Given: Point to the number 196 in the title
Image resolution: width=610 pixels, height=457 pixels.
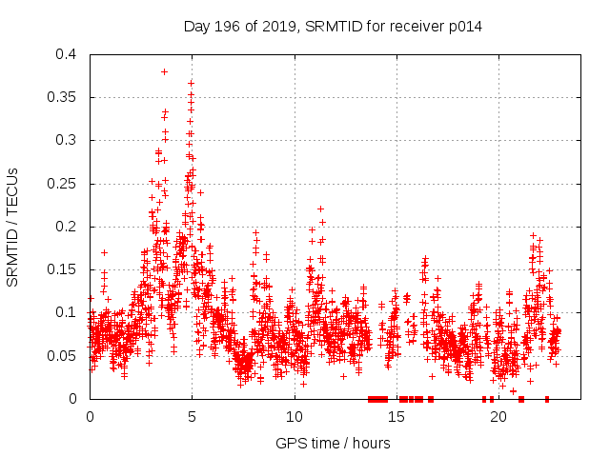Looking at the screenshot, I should coord(226,27).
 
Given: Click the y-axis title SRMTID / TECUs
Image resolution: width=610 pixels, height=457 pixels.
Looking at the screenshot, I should coord(12,227).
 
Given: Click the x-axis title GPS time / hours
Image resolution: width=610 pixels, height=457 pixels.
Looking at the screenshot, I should coord(333,443).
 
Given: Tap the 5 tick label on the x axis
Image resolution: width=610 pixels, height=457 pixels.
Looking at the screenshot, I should coord(192,417).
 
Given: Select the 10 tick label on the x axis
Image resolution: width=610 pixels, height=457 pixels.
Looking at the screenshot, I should coord(294,417).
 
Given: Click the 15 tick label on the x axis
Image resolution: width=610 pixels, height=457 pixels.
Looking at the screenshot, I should coord(396,417).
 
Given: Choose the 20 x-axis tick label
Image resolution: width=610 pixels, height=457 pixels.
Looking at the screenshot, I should coord(498,417).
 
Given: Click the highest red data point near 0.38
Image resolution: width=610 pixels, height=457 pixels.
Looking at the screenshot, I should coord(164,71).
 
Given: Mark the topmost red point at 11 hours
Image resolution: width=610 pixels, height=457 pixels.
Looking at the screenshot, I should coord(320,209).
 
